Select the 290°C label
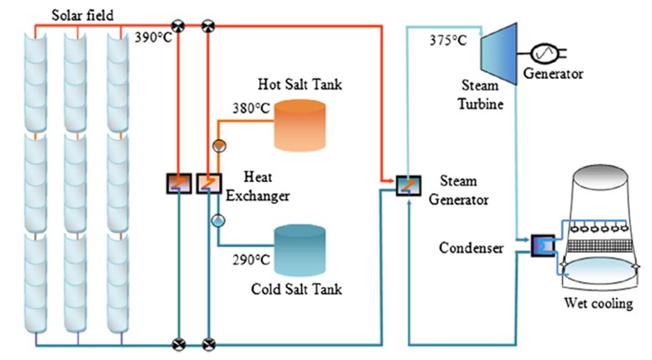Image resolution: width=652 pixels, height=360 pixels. coord(251,258)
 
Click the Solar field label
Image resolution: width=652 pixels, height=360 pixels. coord(81,13)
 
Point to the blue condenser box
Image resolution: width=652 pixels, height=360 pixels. coord(543,245)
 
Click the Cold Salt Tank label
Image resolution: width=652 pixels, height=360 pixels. coord(297,290)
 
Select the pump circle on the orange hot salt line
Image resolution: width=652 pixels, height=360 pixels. coord(218,143)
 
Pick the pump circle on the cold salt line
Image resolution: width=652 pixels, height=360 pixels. coord(218,222)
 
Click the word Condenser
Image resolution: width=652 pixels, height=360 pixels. coord(470,248)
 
